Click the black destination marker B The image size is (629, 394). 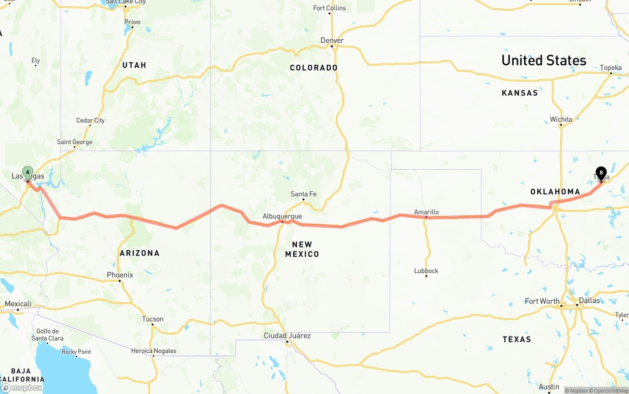tap(600, 173)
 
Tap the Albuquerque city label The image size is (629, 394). tap(282, 216)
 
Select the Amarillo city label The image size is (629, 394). tap(426, 212)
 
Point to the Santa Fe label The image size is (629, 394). tap(303, 194)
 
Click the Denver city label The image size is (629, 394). tap(332, 40)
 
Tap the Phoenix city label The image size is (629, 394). tap(120, 275)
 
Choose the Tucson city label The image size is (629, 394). tap(152, 319)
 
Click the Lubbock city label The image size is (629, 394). tap(426, 270)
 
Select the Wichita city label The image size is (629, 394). tap(561, 119)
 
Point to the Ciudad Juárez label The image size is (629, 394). tap(287, 336)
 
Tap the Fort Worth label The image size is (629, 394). tap(542, 301)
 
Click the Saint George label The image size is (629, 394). tap(75, 142)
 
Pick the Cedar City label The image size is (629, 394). tap(90, 120)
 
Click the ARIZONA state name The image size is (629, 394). tap(140, 253)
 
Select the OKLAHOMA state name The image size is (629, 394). tap(555, 191)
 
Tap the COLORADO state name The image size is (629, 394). tap(314, 68)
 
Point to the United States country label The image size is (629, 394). tap(543, 60)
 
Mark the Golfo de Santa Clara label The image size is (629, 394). tap(47, 335)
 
